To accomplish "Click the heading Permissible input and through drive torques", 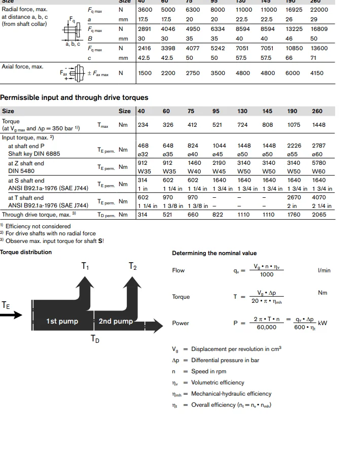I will coord(74,97).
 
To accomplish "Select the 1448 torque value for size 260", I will coord(317,125).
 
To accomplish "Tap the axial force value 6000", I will coord(293,73).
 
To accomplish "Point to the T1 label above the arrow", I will coord(85,266).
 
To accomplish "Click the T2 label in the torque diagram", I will coord(133,266).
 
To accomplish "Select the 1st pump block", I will coord(62,321).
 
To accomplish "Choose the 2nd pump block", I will coord(116,321).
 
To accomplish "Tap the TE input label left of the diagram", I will coord(6,305).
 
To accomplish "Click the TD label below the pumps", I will coord(95,339).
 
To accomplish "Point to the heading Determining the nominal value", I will coord(214,253).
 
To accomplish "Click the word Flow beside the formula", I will coord(178,270).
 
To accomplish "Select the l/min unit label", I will coord(324,270).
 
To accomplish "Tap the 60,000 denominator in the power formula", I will coord(266,327).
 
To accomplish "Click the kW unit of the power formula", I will coord(322,323).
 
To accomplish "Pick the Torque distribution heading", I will coord(26,252).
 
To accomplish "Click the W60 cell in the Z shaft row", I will coord(317,171).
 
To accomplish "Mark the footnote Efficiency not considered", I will coord(38,226).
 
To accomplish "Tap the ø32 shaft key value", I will coord(143,154).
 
